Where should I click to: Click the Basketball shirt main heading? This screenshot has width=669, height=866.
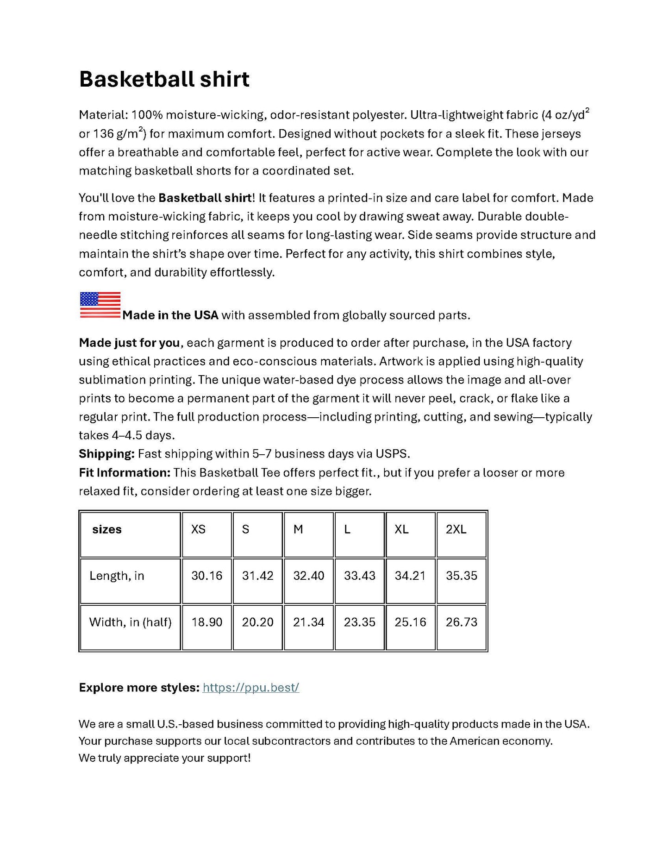(164, 79)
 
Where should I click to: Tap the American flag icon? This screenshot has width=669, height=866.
(100, 305)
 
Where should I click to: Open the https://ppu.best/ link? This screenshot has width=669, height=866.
(251, 687)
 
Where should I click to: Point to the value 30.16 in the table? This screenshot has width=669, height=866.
(206, 576)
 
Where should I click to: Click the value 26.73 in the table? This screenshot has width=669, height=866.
(461, 622)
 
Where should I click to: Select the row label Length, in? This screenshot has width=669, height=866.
(117, 576)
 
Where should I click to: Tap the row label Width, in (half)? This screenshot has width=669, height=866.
(130, 622)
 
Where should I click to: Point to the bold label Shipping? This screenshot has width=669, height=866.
(106, 454)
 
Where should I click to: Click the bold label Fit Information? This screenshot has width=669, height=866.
(125, 473)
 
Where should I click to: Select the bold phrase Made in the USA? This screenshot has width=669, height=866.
(170, 315)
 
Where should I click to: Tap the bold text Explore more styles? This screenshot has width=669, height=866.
(139, 688)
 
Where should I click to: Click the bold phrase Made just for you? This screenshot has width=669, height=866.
(129, 343)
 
